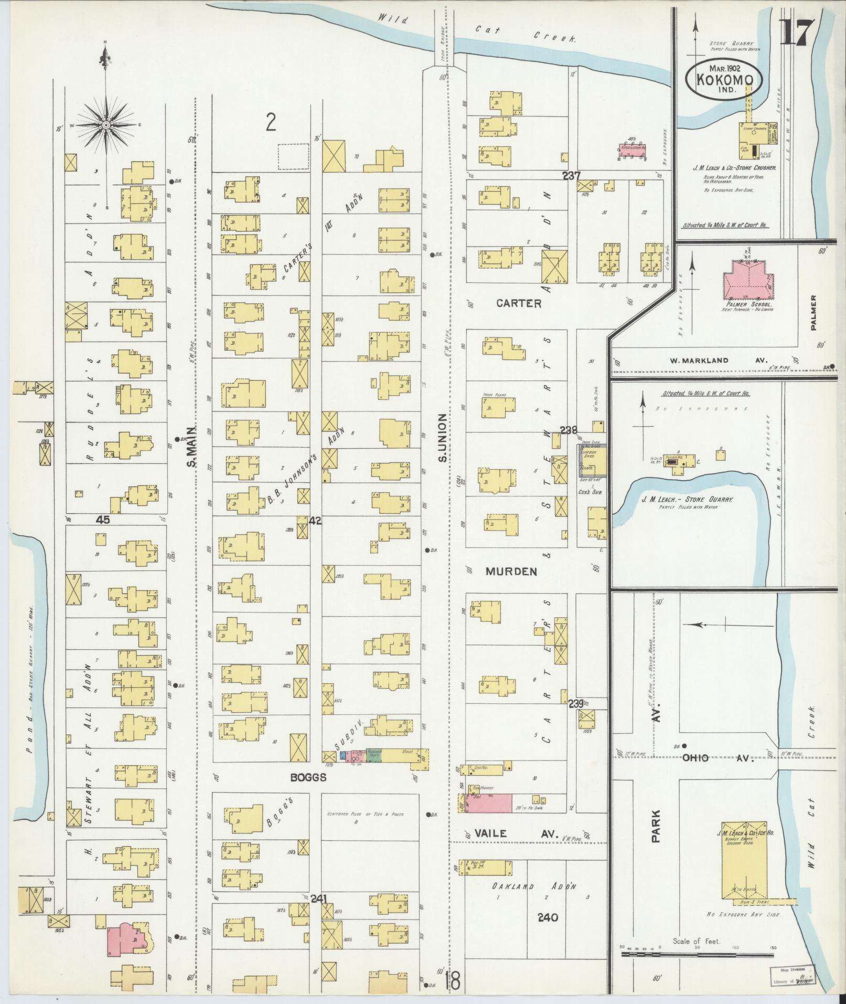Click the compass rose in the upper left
coord(106,125)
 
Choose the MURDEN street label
coord(511,572)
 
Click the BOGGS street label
coord(308,777)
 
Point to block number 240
coord(548,917)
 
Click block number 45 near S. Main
coord(103,520)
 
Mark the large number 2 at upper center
coord(271,122)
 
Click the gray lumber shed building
coord(592,458)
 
